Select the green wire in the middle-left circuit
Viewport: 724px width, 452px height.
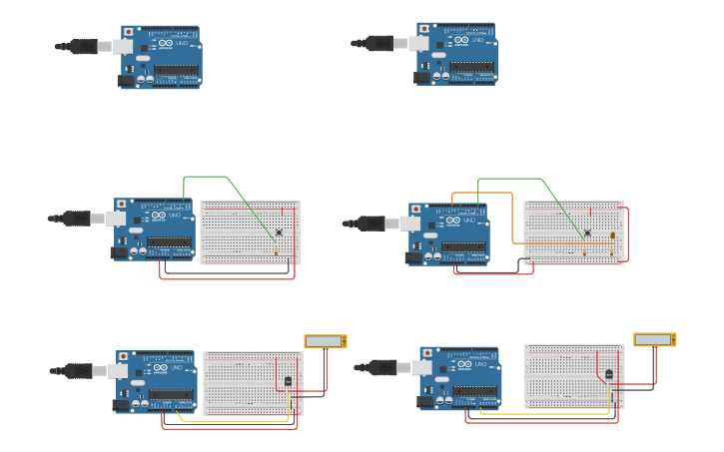206,177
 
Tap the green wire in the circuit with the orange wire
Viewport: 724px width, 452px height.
509,180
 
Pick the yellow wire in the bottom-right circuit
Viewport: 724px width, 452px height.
544,412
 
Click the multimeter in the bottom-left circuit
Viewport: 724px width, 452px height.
326,341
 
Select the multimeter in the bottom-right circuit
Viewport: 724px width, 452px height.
655,339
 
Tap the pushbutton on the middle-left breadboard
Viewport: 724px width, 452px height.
279,232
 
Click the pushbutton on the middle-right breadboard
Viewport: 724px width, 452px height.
587,233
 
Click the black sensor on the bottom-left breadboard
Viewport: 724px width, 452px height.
289,381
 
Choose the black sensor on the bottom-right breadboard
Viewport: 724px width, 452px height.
609,374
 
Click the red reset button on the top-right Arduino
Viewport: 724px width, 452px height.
421,29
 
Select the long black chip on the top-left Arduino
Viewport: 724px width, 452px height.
175,70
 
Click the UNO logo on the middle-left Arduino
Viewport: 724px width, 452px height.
174,215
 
